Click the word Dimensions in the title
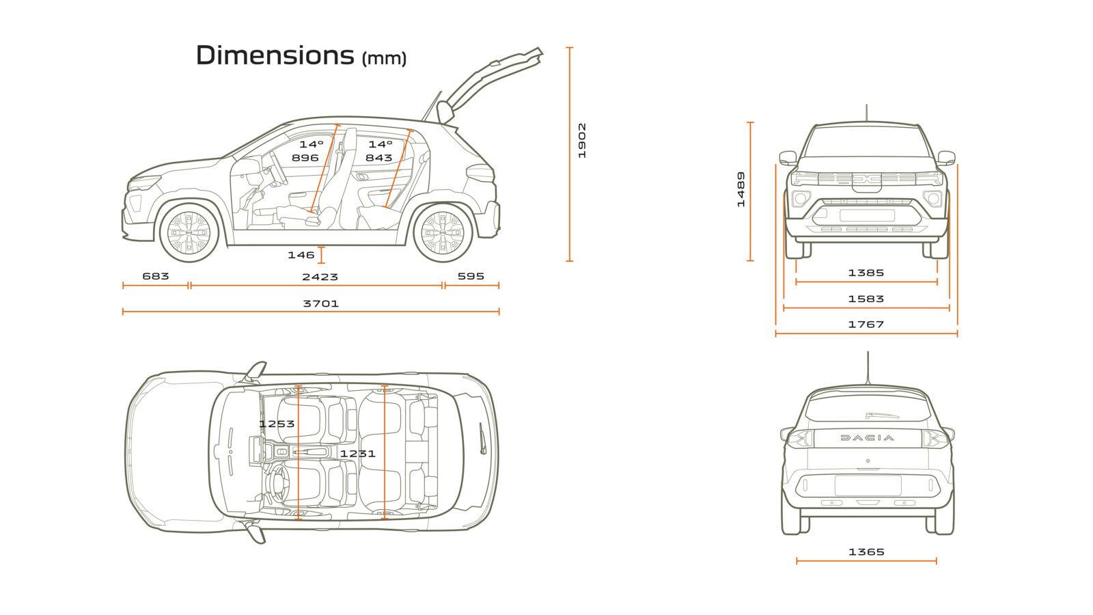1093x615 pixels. (x=275, y=55)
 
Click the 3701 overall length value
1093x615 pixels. (x=321, y=303)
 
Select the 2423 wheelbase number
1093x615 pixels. (x=320, y=277)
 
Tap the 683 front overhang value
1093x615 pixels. (x=156, y=276)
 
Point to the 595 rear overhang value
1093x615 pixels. (x=471, y=276)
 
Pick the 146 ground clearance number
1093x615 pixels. (x=301, y=255)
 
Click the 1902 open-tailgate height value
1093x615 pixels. (x=582, y=141)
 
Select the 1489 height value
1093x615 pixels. (x=741, y=189)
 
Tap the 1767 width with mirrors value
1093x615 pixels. (x=866, y=325)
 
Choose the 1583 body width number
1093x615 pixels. (x=866, y=299)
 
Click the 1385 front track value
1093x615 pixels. (x=866, y=273)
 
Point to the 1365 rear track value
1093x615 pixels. (x=866, y=551)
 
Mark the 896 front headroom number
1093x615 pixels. (x=305, y=158)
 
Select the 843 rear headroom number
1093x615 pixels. (x=378, y=158)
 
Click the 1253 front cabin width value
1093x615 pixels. (x=277, y=424)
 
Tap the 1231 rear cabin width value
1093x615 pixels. (x=358, y=453)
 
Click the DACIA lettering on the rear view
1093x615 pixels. (x=867, y=438)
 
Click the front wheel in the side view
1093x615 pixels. (x=189, y=232)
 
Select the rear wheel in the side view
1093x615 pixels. (x=443, y=232)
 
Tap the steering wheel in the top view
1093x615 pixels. (x=277, y=482)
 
